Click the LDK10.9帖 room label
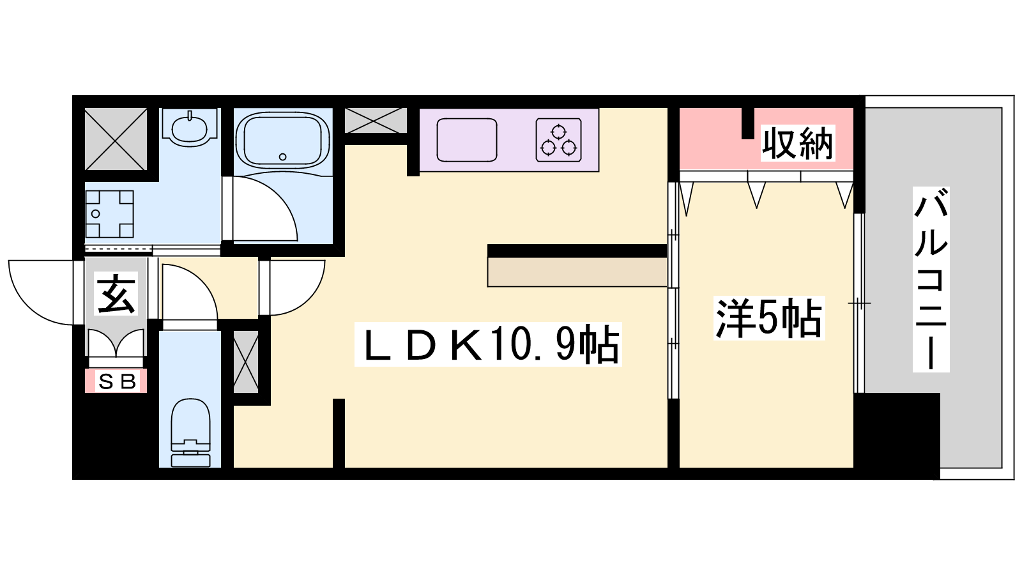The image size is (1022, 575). (x=488, y=344)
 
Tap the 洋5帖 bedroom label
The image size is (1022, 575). (x=769, y=318)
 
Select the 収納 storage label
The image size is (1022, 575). (x=798, y=143)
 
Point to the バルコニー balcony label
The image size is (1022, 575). (x=931, y=279)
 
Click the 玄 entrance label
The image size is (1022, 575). (x=116, y=293)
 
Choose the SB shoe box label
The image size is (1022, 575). (x=116, y=381)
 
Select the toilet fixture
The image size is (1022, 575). (x=191, y=433)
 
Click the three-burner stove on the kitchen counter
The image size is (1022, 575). (x=558, y=140)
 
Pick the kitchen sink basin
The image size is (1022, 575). (x=467, y=140)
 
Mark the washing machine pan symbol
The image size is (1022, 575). (x=109, y=214)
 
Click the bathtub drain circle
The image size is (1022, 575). (x=282, y=157)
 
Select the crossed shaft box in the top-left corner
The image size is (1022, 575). (x=116, y=139)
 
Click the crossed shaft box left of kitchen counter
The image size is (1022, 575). (x=375, y=121)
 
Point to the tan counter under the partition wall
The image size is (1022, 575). (x=577, y=272)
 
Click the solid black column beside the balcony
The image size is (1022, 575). (x=897, y=436)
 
